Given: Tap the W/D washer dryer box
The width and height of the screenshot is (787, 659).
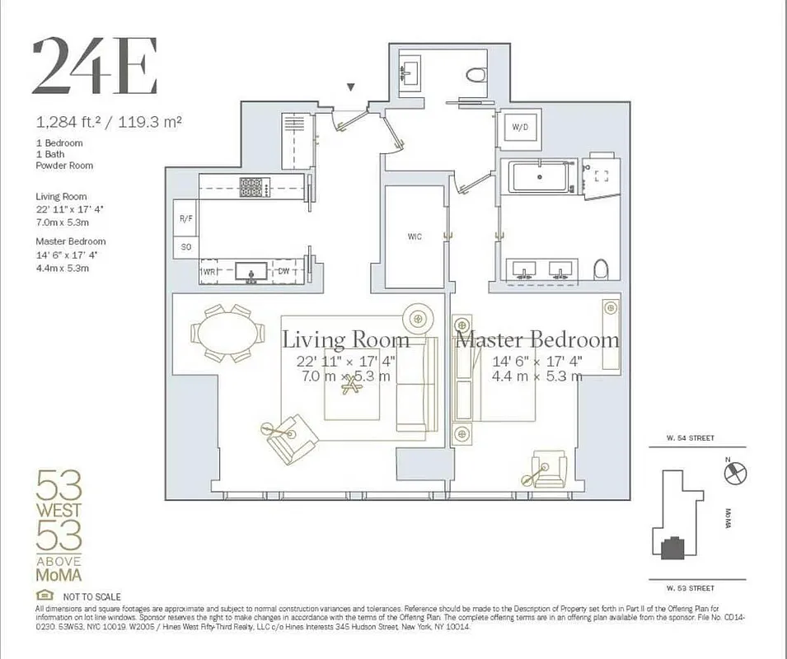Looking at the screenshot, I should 520,128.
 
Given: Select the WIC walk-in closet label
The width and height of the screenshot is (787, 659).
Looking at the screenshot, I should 415,236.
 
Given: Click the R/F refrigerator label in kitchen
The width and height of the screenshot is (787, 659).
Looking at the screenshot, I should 185,219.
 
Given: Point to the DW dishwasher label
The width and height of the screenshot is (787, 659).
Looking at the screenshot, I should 283,270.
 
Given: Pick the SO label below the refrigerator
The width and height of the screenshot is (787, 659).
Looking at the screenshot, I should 185,247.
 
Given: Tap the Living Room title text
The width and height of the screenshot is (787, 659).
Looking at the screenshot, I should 346,339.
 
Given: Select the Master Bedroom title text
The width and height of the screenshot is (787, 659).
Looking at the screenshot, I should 537,339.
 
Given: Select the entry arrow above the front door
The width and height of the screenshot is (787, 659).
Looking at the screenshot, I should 351,86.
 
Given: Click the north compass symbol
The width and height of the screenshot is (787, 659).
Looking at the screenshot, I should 734,473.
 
